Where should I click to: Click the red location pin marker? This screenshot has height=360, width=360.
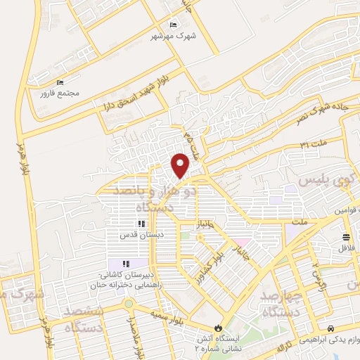click(181, 165)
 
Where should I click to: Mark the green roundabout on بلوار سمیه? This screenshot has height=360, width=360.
click(128, 304)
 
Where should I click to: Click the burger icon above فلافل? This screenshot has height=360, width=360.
click(345, 237)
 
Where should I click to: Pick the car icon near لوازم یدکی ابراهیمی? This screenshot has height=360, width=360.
click(330, 328)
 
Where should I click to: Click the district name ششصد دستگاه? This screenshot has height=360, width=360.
click(84, 319)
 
